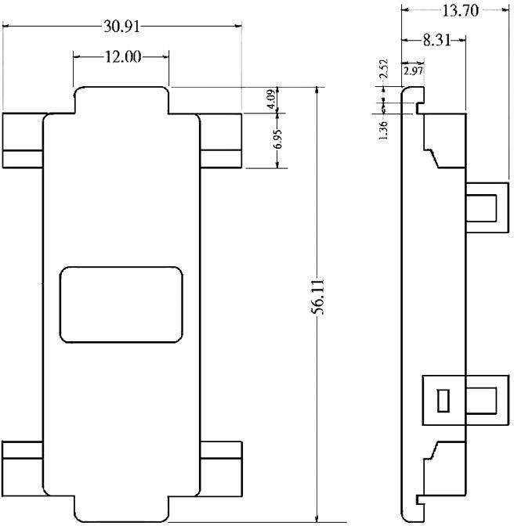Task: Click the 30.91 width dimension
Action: tap(122, 26)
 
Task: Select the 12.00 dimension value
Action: tap(121, 56)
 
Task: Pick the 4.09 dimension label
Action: tap(270, 100)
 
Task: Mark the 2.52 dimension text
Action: tap(384, 70)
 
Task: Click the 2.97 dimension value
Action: tap(412, 72)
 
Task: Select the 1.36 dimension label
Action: tap(383, 129)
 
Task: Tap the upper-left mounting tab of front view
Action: tap(22, 141)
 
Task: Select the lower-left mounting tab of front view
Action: tap(22, 468)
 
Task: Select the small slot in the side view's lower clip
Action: tap(443, 400)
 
